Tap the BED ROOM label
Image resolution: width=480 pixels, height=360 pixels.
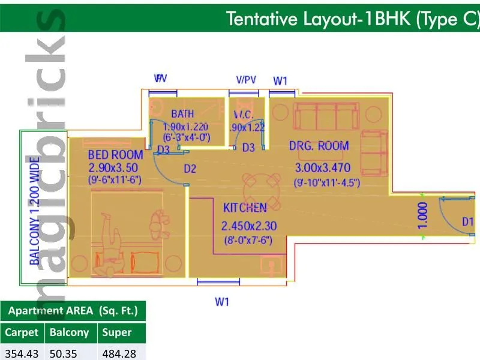[x=115, y=155]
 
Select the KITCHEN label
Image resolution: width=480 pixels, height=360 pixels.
[x=245, y=208]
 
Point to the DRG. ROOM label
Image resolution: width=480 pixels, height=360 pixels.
[x=319, y=146]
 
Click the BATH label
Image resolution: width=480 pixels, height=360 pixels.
[x=182, y=114]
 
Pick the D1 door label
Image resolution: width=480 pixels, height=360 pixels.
[x=468, y=222]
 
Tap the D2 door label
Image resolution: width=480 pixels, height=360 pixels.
[x=190, y=169]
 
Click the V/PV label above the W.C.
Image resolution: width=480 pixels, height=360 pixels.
[x=246, y=80]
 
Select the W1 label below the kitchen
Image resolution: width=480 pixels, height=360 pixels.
[x=222, y=302]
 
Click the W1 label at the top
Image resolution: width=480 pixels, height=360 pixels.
[x=280, y=80]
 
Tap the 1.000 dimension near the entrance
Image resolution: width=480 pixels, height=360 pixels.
[x=423, y=217]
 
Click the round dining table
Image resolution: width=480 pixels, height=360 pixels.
[x=262, y=187]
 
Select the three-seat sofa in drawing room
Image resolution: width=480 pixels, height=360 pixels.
[x=326, y=116]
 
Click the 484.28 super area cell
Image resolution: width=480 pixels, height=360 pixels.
[x=119, y=353]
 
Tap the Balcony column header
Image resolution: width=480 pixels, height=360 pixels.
[x=69, y=332]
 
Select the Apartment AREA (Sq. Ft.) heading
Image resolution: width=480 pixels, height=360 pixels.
[x=73, y=311]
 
